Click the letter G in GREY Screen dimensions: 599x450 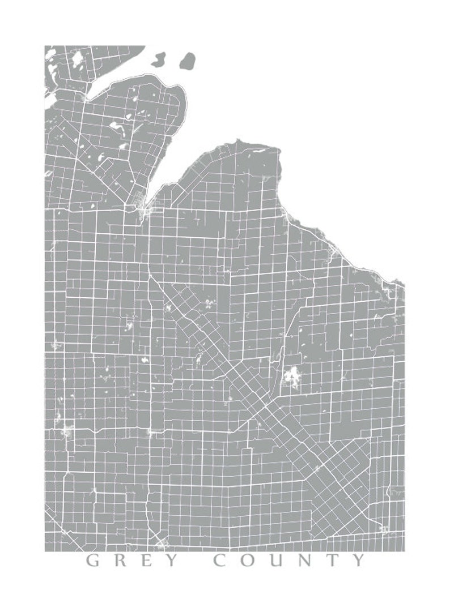(x=93, y=561)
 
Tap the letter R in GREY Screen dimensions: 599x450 (x=121, y=561)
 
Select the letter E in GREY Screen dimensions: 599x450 (x=147, y=561)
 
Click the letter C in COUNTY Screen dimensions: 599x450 (x=222, y=561)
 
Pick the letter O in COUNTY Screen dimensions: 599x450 (x=250, y=561)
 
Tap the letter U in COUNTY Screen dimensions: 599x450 (x=279, y=561)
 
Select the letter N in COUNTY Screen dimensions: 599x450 (x=308, y=561)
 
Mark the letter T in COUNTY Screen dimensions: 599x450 (x=334, y=561)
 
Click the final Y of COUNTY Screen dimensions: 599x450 (x=359, y=561)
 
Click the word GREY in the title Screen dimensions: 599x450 (x=133, y=561)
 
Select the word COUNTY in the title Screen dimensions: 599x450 (x=290, y=561)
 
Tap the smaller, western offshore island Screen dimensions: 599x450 (x=159, y=58)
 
